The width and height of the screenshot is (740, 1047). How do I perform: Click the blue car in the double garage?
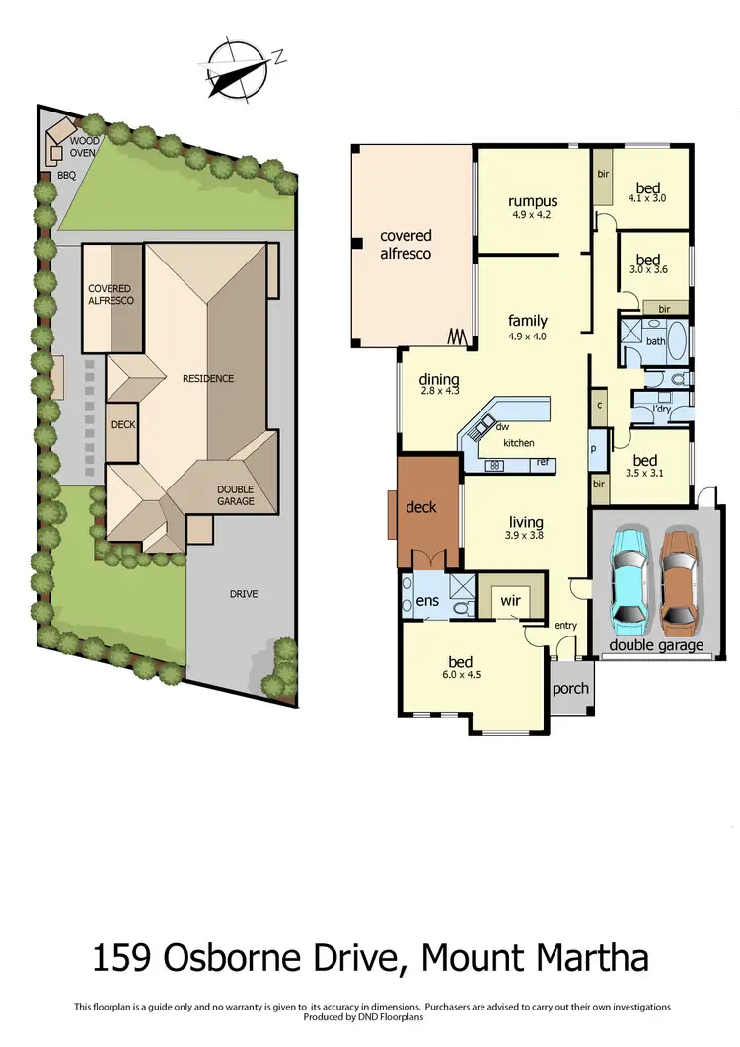point(629,580)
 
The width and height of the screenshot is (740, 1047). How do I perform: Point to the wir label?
point(510,599)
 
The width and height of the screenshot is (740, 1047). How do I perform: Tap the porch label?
point(570,689)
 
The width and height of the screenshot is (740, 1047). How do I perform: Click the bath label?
point(656,341)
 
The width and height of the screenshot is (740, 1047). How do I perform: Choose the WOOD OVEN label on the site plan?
point(84,147)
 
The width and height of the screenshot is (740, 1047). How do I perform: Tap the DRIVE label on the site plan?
point(244,594)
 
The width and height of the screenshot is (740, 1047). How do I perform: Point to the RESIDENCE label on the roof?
point(207,378)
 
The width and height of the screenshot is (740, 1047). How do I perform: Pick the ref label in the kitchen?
point(542,462)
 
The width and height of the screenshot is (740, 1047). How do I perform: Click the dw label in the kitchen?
point(501,427)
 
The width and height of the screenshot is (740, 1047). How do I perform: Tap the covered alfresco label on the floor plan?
point(407,244)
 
